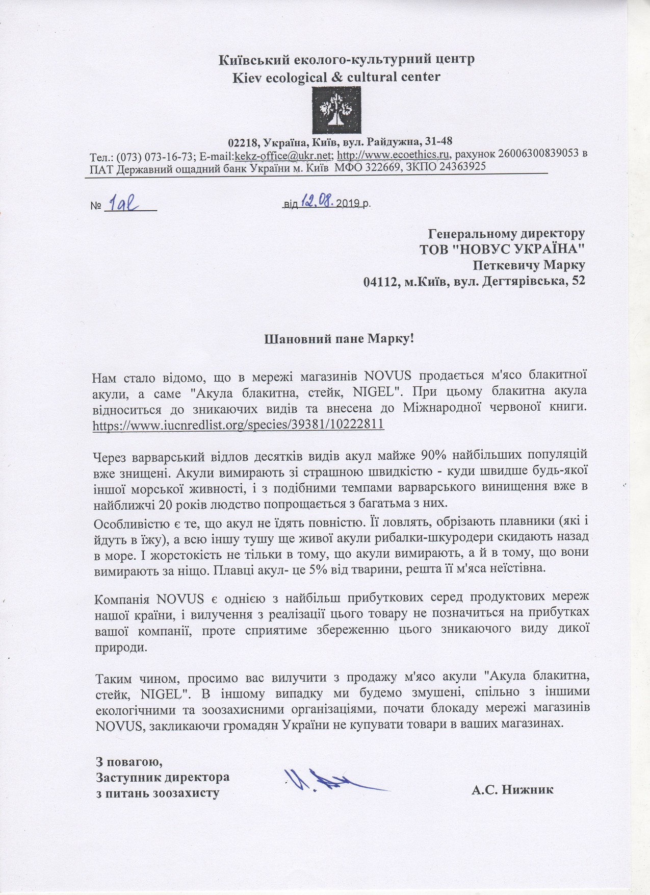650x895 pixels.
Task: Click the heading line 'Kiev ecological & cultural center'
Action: tap(336, 77)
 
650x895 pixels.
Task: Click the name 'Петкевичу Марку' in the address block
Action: tap(529, 265)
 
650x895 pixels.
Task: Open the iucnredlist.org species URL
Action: tap(238, 425)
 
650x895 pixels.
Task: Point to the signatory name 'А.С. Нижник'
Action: tap(512, 790)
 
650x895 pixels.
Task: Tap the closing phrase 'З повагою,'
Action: tap(129, 763)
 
